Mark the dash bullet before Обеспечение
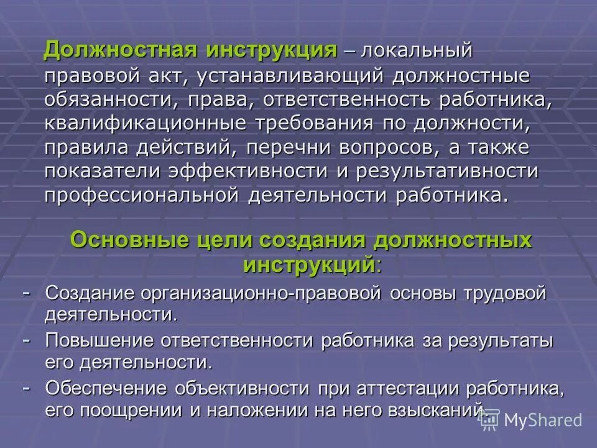click(27, 386)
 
